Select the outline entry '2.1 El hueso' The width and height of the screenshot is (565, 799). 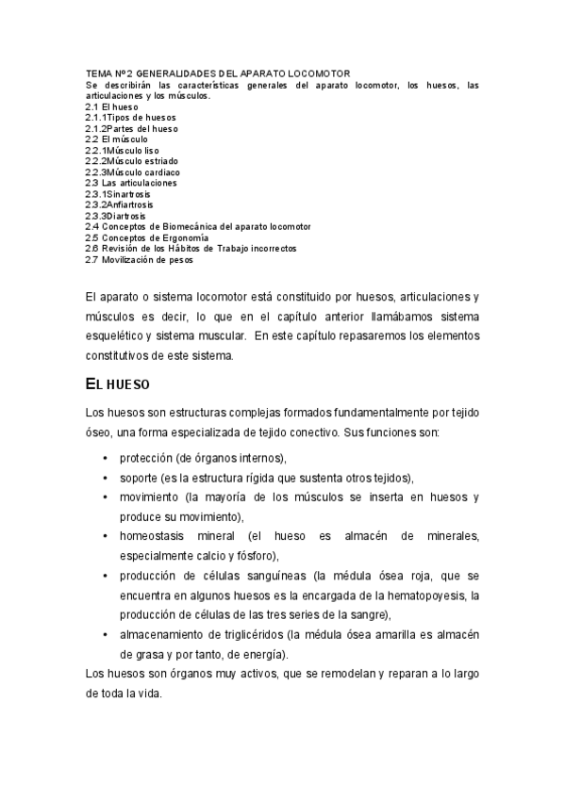(111, 106)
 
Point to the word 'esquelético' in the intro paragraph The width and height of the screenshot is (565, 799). (113, 336)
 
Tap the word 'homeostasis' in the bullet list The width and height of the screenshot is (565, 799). (153, 535)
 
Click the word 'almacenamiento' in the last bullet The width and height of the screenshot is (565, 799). (164, 634)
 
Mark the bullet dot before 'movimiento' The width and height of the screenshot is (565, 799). (104, 497)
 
